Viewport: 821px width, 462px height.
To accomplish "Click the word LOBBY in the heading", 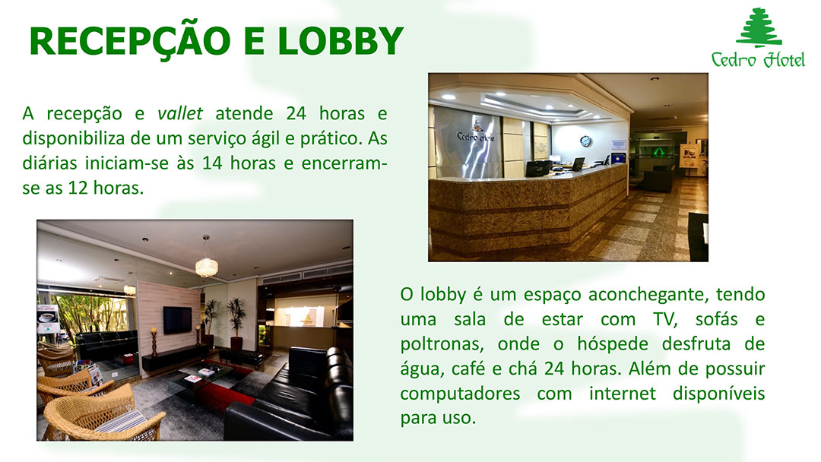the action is pyautogui.click(x=341, y=41).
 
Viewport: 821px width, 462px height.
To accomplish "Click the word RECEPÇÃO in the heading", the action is pyautogui.click(x=130, y=42).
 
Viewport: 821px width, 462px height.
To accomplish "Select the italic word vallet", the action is pyautogui.click(x=179, y=113).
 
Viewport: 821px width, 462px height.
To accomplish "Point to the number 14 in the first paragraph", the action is pyautogui.click(x=212, y=163).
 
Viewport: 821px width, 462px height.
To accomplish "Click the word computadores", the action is pyautogui.click(x=460, y=394).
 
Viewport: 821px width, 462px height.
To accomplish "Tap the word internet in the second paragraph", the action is pyautogui.click(x=622, y=393).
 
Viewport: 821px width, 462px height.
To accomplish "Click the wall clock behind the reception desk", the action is pyautogui.click(x=586, y=141).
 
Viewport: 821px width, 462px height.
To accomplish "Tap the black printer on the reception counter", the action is pyautogui.click(x=538, y=168).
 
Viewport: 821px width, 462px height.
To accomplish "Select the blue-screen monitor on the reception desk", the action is pyautogui.click(x=618, y=157).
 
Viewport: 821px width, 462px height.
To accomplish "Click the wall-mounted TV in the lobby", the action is pyautogui.click(x=177, y=320).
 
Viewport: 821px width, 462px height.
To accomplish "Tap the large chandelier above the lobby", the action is pyautogui.click(x=206, y=264).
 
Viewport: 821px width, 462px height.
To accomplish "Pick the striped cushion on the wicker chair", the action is pyautogui.click(x=121, y=421).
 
